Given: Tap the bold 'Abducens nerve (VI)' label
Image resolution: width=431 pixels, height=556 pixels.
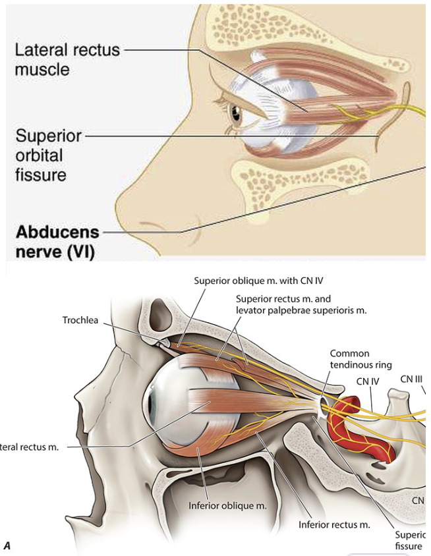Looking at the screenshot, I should tap(57, 242).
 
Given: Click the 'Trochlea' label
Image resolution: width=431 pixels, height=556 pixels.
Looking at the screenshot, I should tap(80, 320).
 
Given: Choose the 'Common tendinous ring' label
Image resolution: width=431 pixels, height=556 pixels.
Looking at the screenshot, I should tap(360, 359).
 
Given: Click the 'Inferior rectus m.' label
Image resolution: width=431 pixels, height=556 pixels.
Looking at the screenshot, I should tap(334, 525).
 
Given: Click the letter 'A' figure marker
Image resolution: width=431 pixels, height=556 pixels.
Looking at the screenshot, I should tap(7, 545).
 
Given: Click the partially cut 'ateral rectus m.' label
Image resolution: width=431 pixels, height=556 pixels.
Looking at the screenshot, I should tap(30, 447).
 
